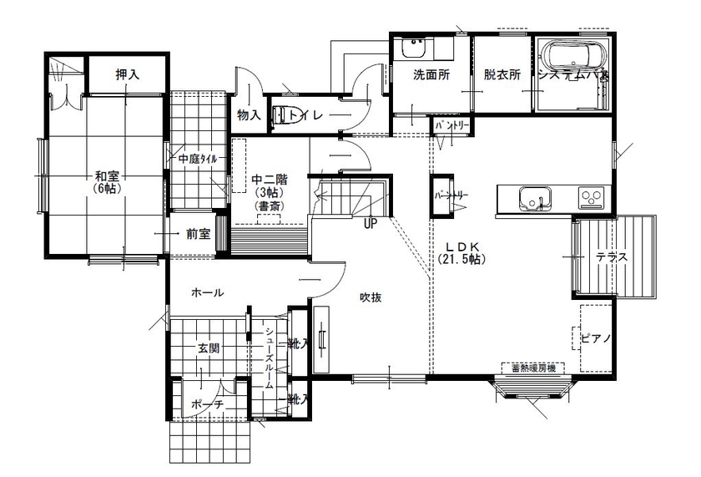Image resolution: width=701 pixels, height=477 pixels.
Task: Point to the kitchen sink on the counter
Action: click(534, 200)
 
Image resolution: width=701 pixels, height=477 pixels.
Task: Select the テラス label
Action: click(611, 257)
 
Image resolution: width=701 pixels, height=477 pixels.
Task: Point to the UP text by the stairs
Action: click(371, 223)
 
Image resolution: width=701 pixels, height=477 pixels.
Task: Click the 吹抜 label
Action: click(371, 297)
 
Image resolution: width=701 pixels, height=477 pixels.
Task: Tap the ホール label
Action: click(207, 292)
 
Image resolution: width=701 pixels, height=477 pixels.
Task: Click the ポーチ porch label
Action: click(207, 404)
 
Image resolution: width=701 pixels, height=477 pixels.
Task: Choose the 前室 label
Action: click(198, 235)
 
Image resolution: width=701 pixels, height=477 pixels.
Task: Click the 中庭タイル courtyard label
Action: click(197, 159)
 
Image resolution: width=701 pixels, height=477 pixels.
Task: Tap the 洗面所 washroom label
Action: click(432, 74)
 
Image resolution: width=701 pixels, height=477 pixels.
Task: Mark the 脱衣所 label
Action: click(502, 74)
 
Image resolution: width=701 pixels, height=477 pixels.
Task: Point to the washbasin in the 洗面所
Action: click(413, 49)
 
